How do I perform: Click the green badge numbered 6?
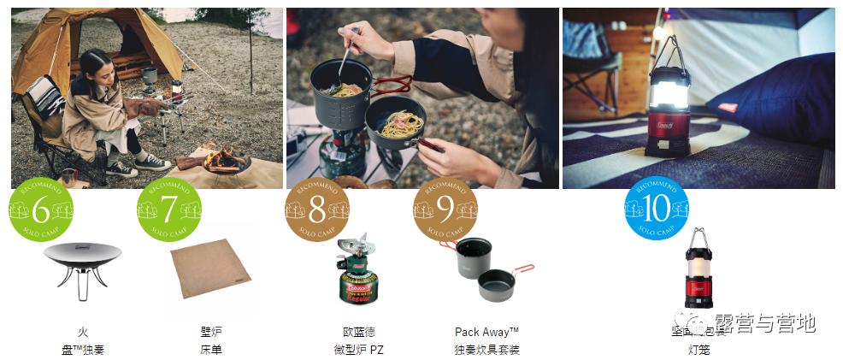point(41,208)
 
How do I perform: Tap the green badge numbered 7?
point(168,208)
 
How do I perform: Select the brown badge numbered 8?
point(317,208)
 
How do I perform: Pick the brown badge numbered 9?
point(445,208)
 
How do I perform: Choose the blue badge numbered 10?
point(656,208)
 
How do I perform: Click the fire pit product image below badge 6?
point(82,268)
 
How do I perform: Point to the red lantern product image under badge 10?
point(699,269)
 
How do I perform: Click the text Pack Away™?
point(486,332)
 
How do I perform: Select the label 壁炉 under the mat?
point(210,332)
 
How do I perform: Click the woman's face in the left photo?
point(101,66)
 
